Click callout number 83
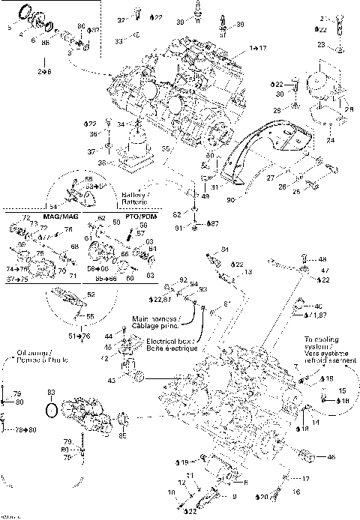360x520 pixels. [x=51, y=393]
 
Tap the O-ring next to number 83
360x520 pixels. [x=51, y=411]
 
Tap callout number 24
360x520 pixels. [x=331, y=139]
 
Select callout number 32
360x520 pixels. [x=121, y=19]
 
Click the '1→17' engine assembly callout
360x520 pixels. [x=257, y=47]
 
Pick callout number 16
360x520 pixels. [x=295, y=492]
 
